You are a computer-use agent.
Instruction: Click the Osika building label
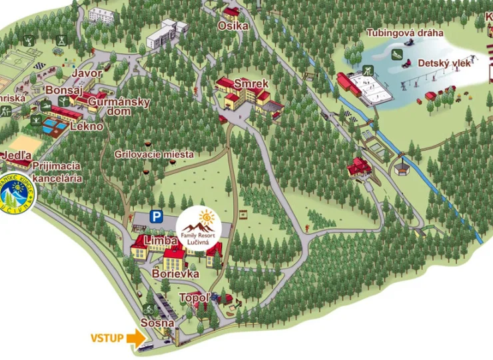tap(233, 26)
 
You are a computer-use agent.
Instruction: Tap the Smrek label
tap(251, 84)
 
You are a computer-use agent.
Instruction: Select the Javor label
tap(87, 73)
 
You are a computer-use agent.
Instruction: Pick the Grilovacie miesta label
tap(154, 155)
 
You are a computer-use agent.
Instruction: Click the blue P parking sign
tap(156, 216)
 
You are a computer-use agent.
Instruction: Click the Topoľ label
tap(195, 298)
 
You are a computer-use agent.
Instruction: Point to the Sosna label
tap(157, 323)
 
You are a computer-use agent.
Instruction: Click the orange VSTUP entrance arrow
tap(137, 339)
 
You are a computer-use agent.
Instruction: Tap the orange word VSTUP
tap(107, 339)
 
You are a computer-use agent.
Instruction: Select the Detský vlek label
tap(444, 63)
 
